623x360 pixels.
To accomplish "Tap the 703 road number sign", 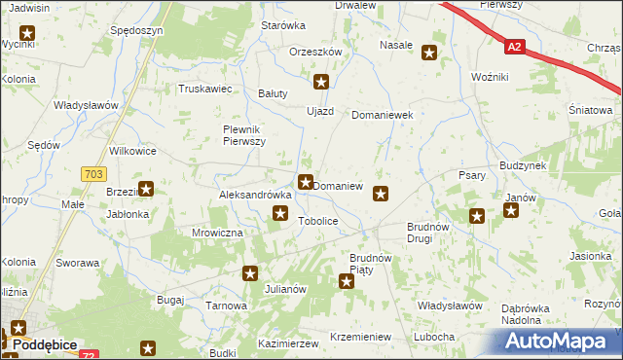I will coord(92,173).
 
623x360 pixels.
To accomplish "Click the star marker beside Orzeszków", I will coord(322,83).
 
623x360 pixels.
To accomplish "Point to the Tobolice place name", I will coord(317,222).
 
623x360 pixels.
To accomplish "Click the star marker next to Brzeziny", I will coord(146,190).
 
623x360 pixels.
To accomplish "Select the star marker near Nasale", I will coord(428,53).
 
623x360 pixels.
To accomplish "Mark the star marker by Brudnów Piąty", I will coord(346,281).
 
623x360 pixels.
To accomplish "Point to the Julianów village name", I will coord(286,289).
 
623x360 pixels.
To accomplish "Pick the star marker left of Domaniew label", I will coord(306,181).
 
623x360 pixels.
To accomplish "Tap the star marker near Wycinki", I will coord(26,35).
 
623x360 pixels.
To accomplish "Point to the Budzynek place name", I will coord(523,166).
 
